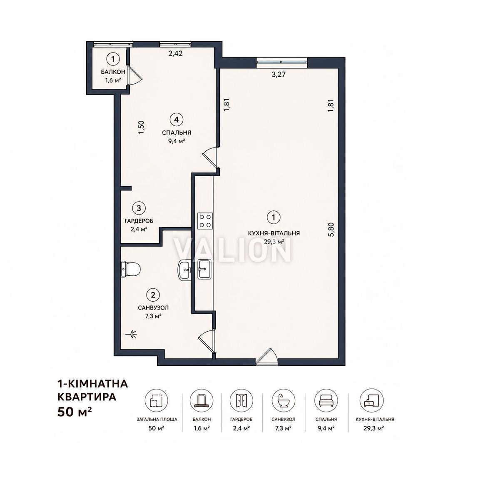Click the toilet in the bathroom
click(130, 269)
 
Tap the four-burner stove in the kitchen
click(205, 221)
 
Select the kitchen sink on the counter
click(204, 269)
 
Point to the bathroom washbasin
click(184, 270)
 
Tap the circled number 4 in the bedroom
click(176, 120)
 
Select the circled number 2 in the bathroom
click(153, 295)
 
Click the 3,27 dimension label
click(279, 75)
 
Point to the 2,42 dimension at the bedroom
click(175, 53)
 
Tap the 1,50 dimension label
click(141, 127)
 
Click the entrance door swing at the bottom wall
click(267, 356)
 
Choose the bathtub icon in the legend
click(284, 400)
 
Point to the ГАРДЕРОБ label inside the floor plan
click(139, 221)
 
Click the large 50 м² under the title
click(75, 412)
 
